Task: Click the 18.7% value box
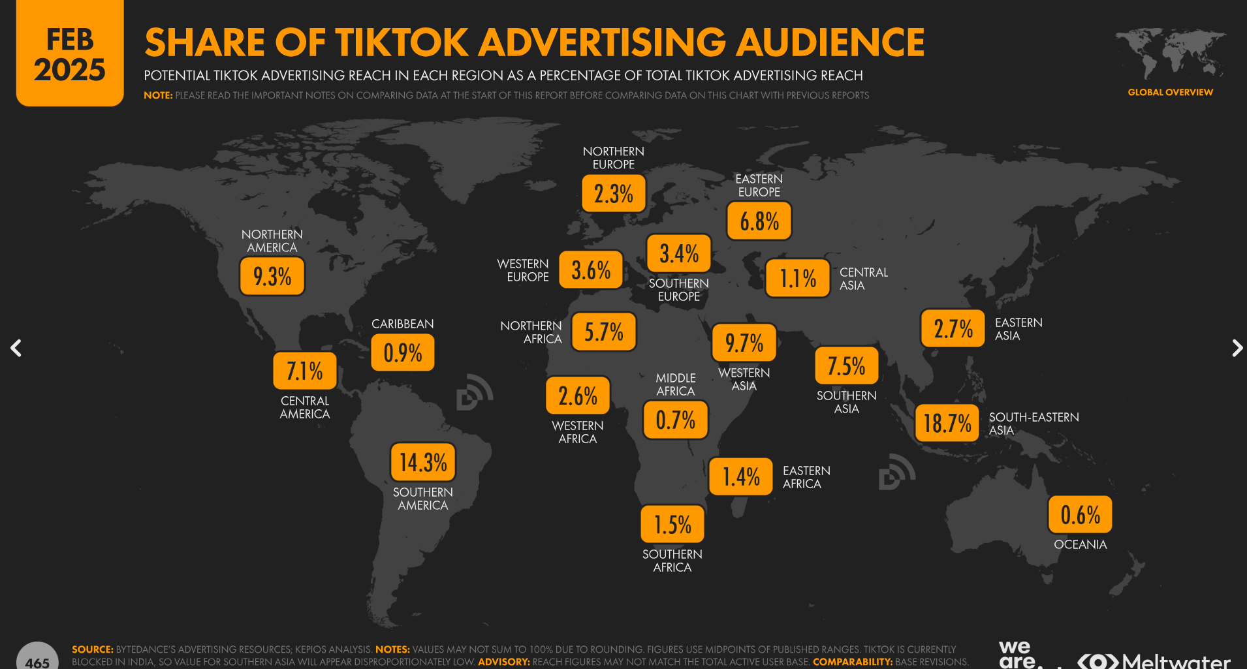click(947, 423)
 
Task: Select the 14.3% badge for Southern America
click(423, 462)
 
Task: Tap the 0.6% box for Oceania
click(1080, 514)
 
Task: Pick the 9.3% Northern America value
click(272, 276)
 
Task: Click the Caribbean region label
click(402, 324)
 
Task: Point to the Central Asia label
click(863, 279)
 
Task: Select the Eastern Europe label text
click(759, 185)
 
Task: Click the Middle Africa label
click(675, 384)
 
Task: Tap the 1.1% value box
click(797, 279)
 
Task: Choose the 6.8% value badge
click(759, 221)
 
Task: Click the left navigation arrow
click(16, 348)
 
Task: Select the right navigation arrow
click(1237, 348)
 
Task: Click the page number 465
click(37, 661)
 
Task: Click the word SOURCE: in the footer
click(92, 649)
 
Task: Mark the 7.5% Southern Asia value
click(846, 366)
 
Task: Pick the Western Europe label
click(523, 270)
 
